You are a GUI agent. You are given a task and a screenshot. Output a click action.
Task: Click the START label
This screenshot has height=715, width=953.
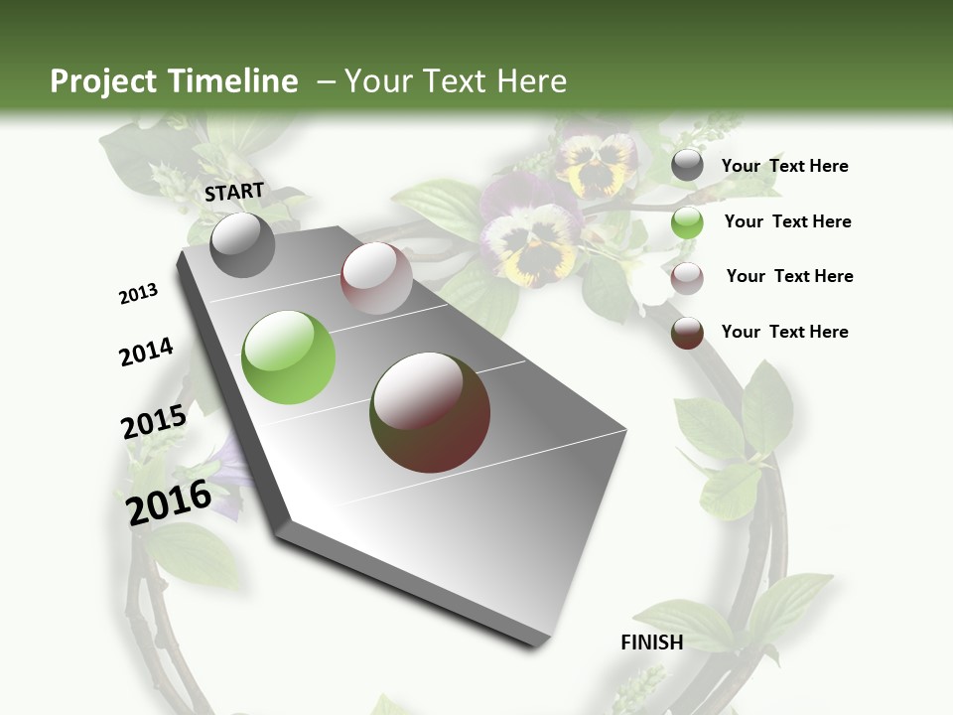click(x=234, y=192)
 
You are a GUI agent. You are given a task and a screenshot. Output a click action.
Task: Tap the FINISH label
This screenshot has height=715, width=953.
click(x=652, y=643)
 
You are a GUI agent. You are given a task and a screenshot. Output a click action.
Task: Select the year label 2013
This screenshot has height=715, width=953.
click(x=138, y=294)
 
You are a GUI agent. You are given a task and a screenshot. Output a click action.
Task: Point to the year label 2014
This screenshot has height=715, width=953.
click(x=146, y=353)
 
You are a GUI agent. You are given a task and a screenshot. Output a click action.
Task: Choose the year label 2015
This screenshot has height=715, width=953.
click(x=154, y=422)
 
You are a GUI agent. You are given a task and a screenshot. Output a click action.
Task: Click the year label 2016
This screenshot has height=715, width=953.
click(x=169, y=501)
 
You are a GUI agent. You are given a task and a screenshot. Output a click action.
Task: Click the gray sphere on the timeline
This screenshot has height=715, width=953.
click(x=242, y=244)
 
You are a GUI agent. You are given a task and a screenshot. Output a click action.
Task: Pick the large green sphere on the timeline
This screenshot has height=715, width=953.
click(x=288, y=357)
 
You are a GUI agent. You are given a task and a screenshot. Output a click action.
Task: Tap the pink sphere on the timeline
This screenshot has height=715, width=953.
click(x=376, y=278)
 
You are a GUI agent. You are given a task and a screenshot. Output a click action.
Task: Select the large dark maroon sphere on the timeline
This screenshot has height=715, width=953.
click(x=430, y=412)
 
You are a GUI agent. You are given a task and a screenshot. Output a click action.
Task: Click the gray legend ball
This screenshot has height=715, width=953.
click(x=687, y=166)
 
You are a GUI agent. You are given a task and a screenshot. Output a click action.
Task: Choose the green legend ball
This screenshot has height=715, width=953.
click(x=687, y=222)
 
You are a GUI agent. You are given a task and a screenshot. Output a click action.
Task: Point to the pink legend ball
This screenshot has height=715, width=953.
click(x=687, y=277)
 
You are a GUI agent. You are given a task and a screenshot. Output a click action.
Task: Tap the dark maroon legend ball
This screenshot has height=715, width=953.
click(x=687, y=333)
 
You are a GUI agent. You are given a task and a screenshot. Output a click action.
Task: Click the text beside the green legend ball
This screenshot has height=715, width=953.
click(x=787, y=221)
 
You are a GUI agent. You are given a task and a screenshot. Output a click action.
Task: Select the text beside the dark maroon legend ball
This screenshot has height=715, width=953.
click(x=784, y=332)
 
